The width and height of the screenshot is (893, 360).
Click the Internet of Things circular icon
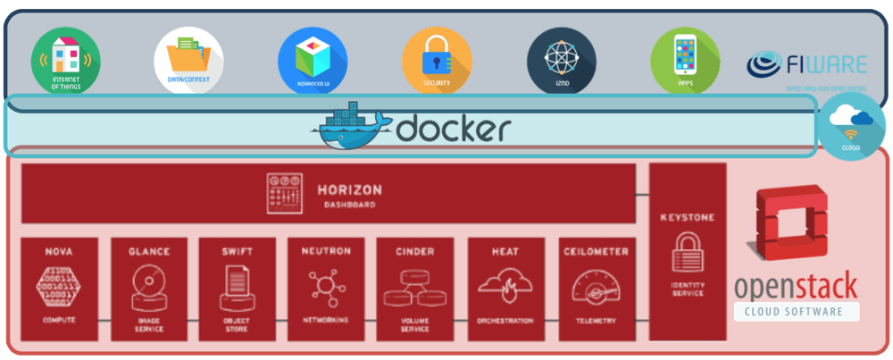pos(65,61)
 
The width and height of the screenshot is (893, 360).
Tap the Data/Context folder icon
pos(188,61)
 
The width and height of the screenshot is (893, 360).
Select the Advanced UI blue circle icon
pos(313,61)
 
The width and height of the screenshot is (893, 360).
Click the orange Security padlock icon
pos(437,61)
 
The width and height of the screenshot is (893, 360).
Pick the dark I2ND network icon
pos(561,61)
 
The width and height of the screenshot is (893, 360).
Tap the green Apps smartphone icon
pos(685,61)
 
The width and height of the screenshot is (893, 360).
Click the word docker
pos(454,130)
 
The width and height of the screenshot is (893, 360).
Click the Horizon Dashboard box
pos(329,193)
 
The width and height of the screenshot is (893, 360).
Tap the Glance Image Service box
pos(148,288)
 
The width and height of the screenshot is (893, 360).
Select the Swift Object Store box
pos(238,288)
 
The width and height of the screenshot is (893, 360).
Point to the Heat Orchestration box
pos(505,288)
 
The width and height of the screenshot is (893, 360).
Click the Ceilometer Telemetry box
pos(597,288)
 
